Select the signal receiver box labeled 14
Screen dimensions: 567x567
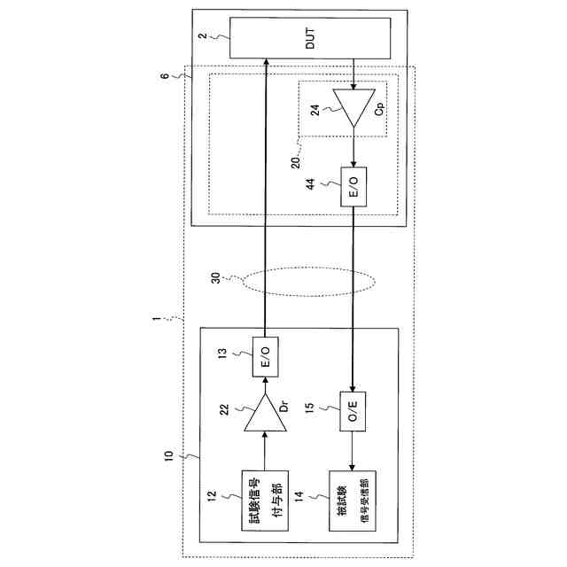coord(353,500)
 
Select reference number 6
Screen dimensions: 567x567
coord(164,77)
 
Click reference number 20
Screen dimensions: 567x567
coord(296,162)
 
